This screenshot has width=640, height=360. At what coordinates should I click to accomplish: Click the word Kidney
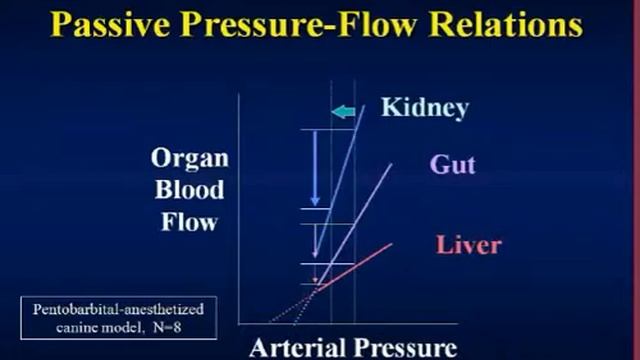click(x=424, y=107)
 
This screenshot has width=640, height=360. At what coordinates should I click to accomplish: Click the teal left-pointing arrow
click(x=343, y=111)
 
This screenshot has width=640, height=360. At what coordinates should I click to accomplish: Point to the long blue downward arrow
click(x=315, y=168)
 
